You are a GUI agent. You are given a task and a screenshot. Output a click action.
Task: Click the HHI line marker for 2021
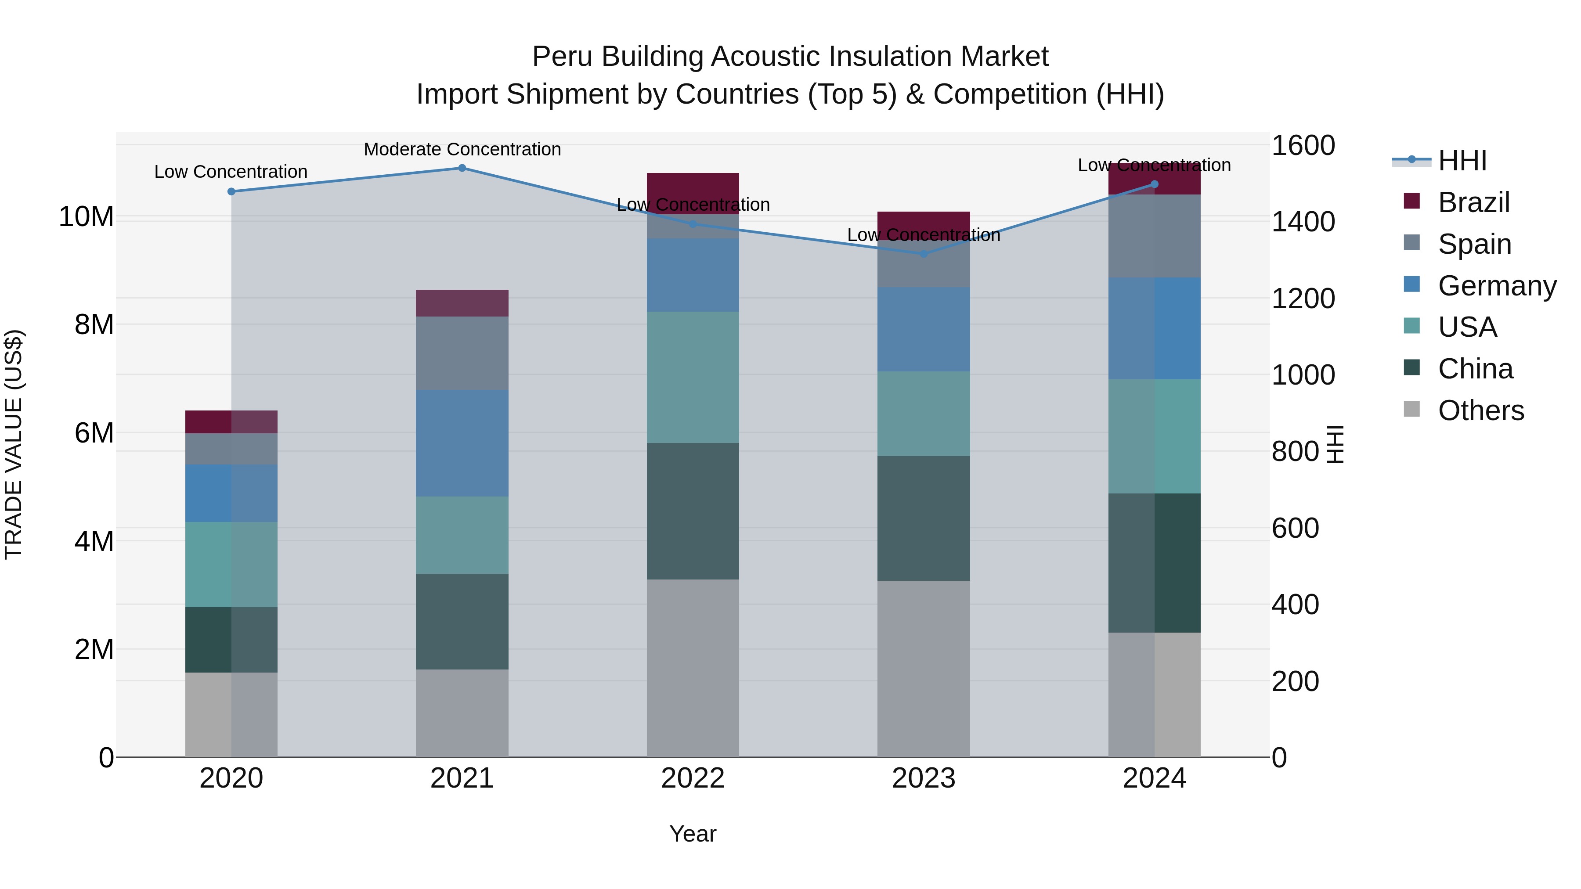click(462, 168)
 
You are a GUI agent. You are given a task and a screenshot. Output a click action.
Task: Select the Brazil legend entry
click(1473, 202)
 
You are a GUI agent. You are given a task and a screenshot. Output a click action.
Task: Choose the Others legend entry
click(1480, 410)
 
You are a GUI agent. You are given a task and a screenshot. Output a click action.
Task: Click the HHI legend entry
click(1462, 161)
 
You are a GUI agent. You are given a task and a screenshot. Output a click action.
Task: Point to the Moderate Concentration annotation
click(462, 149)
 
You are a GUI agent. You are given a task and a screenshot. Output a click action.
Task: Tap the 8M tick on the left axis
click(94, 324)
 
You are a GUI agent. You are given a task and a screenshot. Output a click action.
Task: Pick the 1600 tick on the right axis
click(1303, 146)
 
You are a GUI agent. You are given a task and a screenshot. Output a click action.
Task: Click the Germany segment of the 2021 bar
click(462, 443)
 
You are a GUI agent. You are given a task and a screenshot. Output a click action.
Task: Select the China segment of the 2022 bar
click(693, 511)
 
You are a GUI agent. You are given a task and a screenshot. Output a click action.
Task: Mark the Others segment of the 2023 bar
click(924, 669)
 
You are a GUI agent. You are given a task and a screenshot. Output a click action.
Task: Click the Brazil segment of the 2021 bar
click(462, 303)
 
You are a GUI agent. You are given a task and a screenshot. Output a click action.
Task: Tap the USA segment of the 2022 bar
click(693, 377)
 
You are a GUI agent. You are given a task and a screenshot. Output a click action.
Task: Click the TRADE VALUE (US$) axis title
click(14, 444)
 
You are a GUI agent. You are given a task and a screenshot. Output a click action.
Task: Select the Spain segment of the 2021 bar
click(462, 353)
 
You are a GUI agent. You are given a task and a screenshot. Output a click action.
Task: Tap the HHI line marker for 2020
click(231, 191)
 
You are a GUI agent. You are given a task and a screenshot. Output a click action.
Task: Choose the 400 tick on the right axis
click(1295, 605)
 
